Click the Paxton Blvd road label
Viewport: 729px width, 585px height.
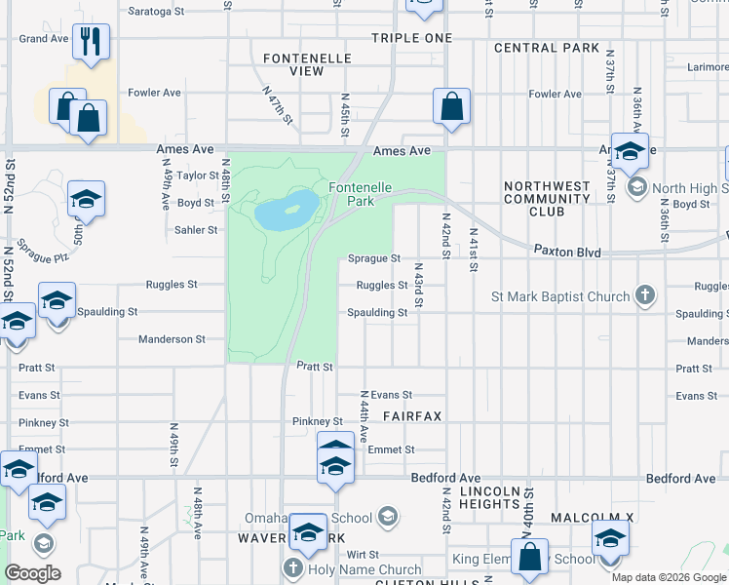tap(566, 251)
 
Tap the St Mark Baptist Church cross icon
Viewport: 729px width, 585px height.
tap(643, 295)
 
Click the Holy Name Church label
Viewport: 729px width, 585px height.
tap(364, 569)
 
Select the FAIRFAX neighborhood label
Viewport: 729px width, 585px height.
tap(412, 416)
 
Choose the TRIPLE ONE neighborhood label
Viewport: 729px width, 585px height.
tap(411, 38)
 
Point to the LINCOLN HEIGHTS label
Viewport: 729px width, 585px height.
tap(489, 497)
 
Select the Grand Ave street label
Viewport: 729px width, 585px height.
tap(44, 39)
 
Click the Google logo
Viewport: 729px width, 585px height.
tap(32, 573)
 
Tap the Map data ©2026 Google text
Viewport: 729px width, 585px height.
tap(668, 577)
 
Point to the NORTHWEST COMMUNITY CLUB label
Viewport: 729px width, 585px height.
tap(547, 198)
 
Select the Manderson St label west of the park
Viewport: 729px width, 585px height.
tap(172, 339)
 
